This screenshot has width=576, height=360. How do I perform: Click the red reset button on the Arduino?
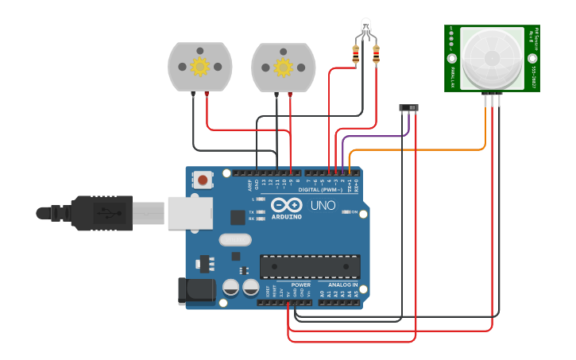coord(203,180)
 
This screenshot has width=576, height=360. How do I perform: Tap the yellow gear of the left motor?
coord(199,67)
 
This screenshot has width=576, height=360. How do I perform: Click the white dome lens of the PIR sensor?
coord(492,58)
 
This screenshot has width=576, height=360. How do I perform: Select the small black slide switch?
coord(408,107)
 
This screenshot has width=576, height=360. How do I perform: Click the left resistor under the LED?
coord(355,55)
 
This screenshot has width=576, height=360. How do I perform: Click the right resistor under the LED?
coord(375,55)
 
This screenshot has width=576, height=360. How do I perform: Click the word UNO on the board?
coord(323,205)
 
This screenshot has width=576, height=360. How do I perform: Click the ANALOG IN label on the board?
coord(338,285)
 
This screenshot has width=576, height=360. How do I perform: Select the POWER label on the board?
coord(300,285)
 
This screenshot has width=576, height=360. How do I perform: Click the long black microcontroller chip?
coord(310,267)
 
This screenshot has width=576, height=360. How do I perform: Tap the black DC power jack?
coord(196,291)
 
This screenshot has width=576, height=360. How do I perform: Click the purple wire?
coord(373,136)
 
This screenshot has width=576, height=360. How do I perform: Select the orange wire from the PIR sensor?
coord(421,149)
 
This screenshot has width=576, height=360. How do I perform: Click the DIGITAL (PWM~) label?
coord(320,190)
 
